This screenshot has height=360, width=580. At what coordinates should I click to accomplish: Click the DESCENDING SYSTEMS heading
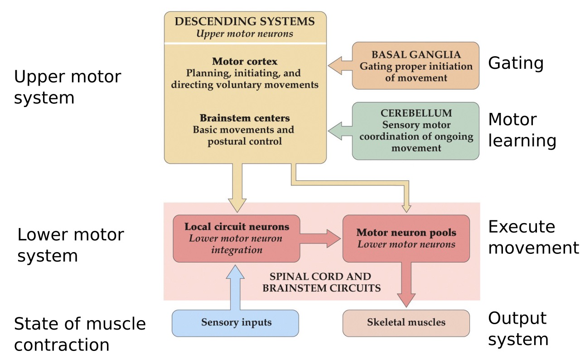(x=245, y=21)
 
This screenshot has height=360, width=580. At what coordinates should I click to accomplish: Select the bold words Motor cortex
(x=245, y=61)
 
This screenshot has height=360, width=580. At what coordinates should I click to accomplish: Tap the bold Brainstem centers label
(x=245, y=118)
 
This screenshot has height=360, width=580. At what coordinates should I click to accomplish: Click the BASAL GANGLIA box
(x=416, y=66)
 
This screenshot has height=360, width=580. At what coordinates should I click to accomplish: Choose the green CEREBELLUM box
(x=416, y=131)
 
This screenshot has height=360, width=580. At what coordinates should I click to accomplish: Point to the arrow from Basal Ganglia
(x=339, y=66)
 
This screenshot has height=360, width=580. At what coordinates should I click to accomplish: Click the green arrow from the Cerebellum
(x=339, y=131)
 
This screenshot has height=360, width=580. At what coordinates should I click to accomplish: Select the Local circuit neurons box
(x=236, y=238)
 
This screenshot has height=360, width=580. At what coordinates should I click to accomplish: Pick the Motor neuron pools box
(x=406, y=238)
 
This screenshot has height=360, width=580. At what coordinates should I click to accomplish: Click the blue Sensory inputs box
(x=236, y=323)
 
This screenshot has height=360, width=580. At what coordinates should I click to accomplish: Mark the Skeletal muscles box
(x=406, y=323)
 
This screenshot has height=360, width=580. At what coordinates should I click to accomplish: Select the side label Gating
(x=515, y=63)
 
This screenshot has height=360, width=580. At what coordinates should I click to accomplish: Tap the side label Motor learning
(x=522, y=130)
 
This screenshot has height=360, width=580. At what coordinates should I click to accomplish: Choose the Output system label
(x=518, y=329)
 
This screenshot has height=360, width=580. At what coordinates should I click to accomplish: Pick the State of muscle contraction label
(x=80, y=334)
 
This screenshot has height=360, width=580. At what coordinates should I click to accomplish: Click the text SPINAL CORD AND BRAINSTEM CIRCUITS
(x=321, y=282)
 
